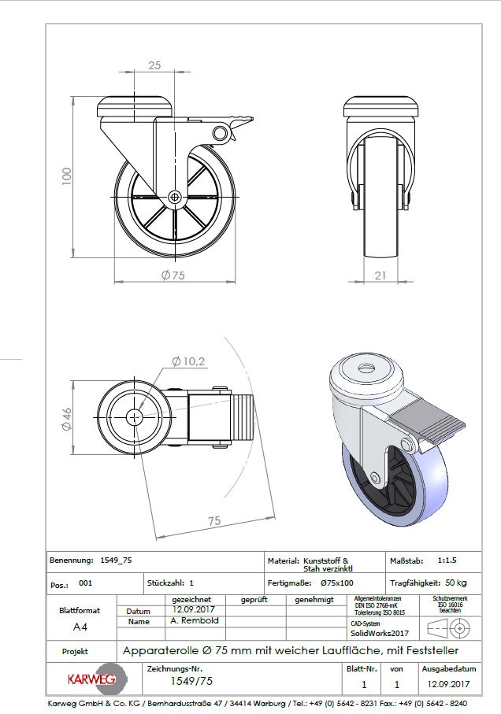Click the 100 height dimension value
point(67,176)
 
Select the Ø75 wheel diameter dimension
point(173,275)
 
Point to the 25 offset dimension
point(155,65)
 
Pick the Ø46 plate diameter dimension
point(66,417)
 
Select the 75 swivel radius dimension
point(213,521)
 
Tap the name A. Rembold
point(195,621)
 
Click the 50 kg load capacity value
point(451,583)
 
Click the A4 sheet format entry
point(80,627)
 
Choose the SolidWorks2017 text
point(380,633)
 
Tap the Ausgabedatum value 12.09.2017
point(447,684)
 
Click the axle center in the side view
point(174,197)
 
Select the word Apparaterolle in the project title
point(158,651)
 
